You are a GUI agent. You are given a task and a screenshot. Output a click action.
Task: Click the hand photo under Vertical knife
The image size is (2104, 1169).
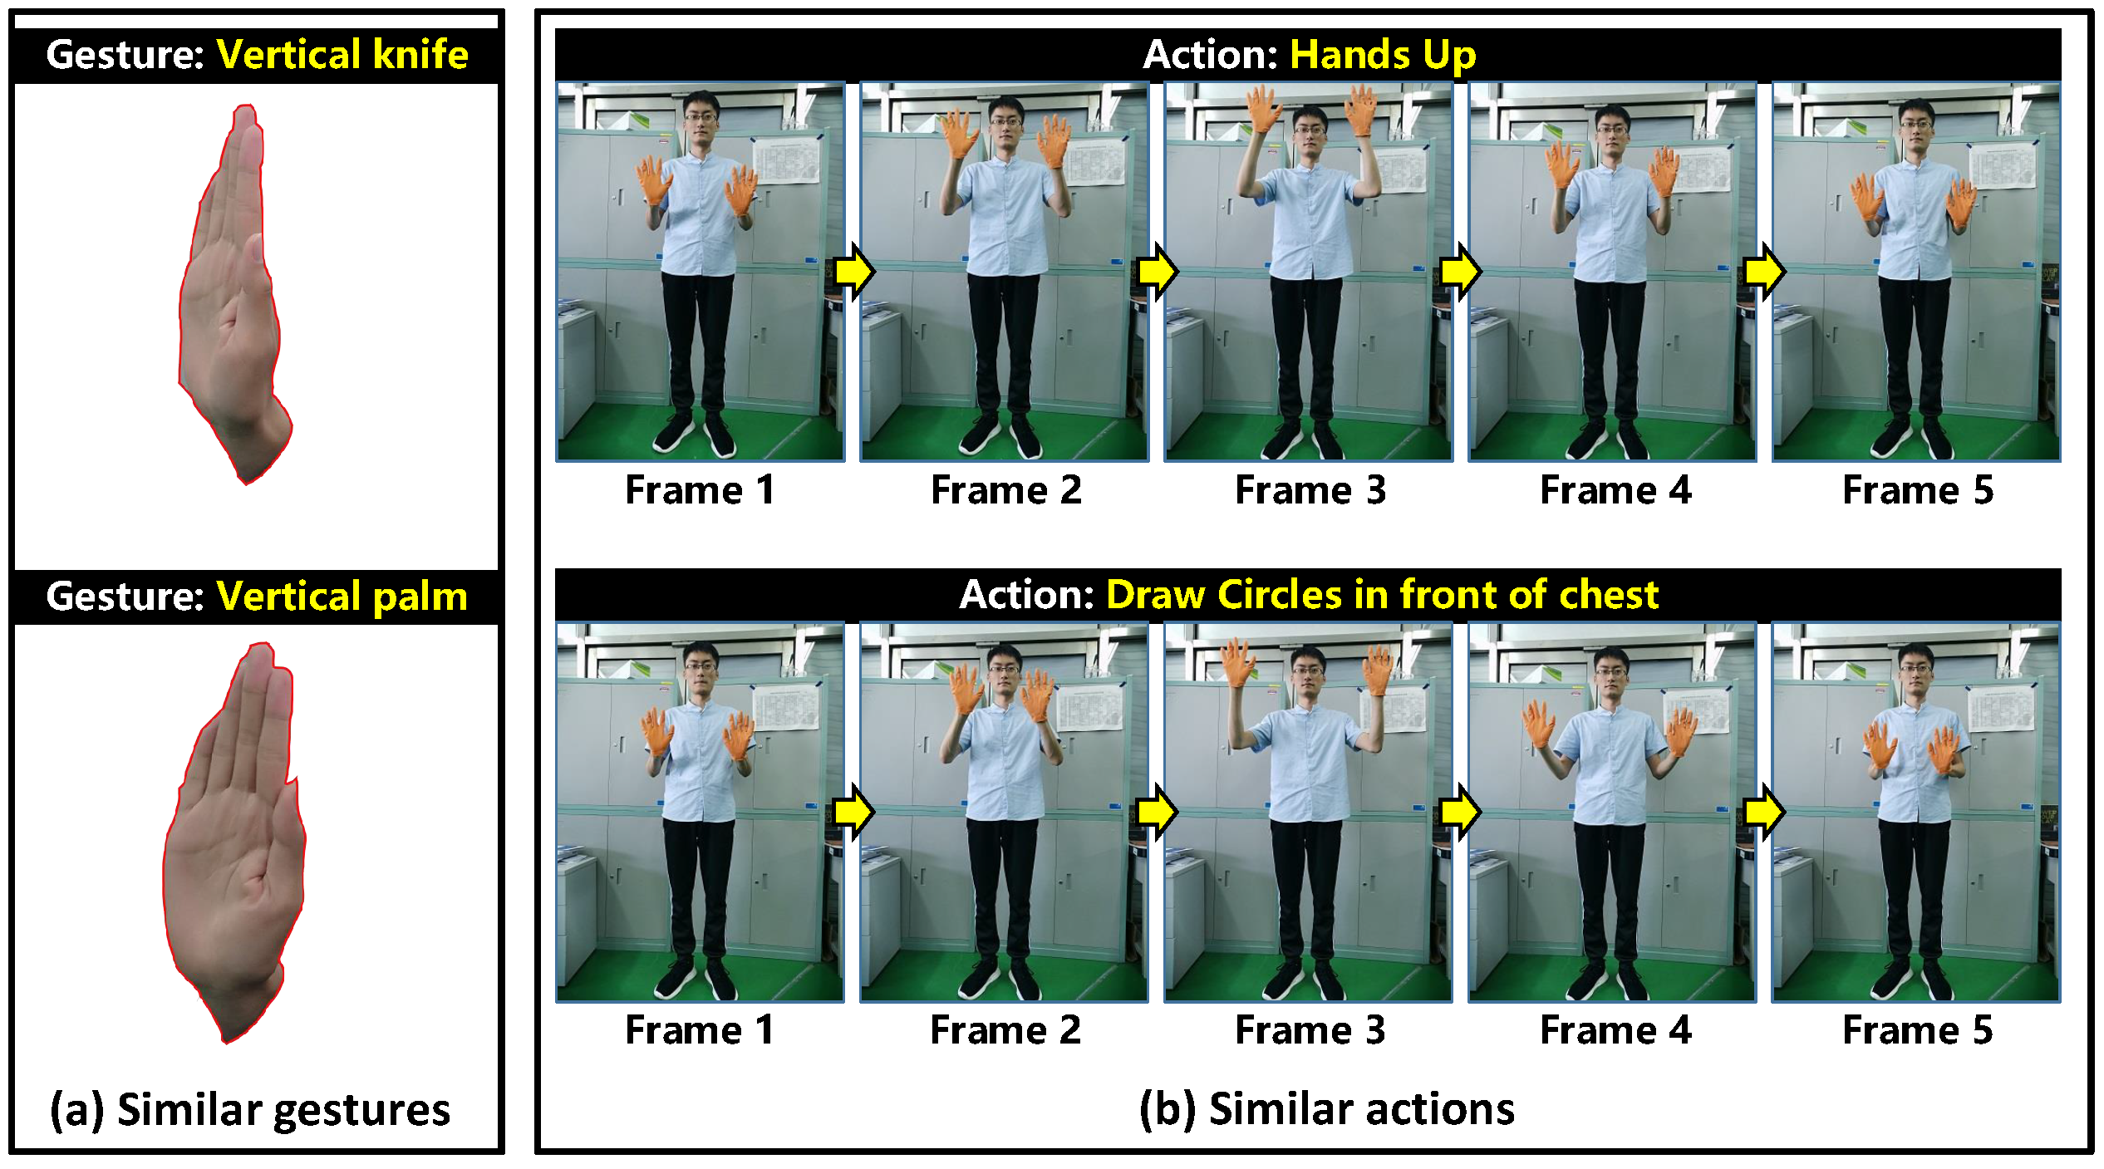point(235,295)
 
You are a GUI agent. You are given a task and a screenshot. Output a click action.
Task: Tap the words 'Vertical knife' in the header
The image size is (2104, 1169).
point(342,55)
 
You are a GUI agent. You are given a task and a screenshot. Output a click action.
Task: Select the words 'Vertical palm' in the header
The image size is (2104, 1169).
point(342,597)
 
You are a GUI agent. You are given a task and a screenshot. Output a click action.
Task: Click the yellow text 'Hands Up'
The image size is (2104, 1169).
point(1383,56)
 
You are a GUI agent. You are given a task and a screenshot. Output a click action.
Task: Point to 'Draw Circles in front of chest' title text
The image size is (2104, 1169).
point(1383,595)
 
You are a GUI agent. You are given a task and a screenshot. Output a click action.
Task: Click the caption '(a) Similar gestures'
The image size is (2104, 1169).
point(250,1110)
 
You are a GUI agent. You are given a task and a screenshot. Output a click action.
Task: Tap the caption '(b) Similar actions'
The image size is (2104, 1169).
point(1327,1109)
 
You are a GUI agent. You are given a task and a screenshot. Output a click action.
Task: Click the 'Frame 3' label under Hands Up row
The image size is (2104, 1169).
point(1310,490)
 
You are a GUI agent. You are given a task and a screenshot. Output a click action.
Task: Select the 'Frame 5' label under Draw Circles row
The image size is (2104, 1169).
point(1918,1030)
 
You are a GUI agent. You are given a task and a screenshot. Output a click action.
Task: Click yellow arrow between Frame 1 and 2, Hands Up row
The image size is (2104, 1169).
point(854,271)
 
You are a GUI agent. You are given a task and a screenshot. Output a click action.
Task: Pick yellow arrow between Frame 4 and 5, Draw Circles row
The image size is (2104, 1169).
point(1764,811)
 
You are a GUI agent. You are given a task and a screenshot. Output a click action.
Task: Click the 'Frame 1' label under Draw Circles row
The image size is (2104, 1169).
point(700,1030)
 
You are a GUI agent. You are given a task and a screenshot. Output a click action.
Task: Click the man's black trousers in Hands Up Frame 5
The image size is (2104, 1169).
point(1915,349)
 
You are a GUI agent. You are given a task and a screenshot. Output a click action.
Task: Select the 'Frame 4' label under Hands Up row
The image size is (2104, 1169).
point(1615,490)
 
